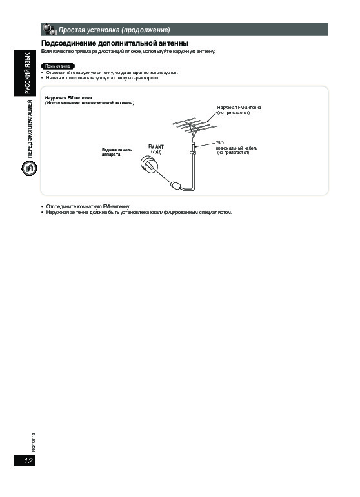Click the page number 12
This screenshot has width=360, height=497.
click(x=28, y=460)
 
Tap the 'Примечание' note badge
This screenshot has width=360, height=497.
click(x=57, y=66)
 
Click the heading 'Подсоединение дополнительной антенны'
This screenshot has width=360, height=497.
click(x=115, y=43)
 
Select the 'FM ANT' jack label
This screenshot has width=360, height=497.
click(x=156, y=147)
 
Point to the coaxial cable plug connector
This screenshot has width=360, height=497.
click(x=175, y=185)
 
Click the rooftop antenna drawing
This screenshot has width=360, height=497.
click(x=194, y=126)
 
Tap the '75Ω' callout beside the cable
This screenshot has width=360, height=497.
click(x=220, y=143)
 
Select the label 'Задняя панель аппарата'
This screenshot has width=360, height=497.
click(x=117, y=152)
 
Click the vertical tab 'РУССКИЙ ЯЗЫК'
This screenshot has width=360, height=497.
click(x=28, y=73)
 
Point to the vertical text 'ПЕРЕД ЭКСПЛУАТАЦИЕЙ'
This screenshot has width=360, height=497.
click(x=29, y=129)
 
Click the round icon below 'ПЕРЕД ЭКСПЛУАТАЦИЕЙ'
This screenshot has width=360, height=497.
click(x=29, y=168)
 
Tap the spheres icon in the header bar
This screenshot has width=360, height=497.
click(x=49, y=29)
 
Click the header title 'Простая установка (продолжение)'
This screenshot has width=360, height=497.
click(x=114, y=30)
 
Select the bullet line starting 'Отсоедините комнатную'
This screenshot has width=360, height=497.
click(x=86, y=206)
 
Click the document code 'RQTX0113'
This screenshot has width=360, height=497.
click(x=34, y=442)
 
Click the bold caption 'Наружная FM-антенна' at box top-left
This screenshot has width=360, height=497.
click(x=68, y=97)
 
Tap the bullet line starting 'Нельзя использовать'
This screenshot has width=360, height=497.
click(x=101, y=77)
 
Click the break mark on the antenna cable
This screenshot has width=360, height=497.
click(x=192, y=153)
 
